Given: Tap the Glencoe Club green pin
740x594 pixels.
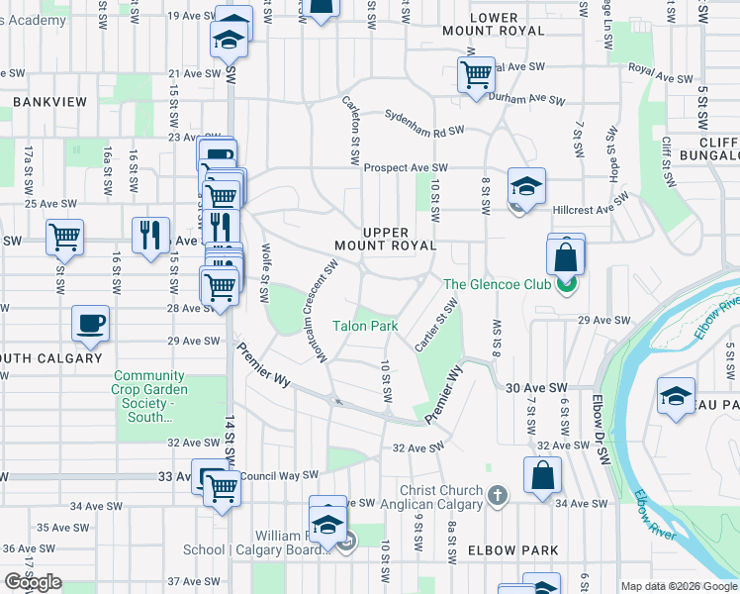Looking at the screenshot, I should coord(564,286).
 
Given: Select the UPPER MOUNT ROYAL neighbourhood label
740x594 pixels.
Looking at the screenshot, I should coord(386,239).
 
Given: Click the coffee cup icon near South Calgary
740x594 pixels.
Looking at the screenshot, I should coord(90,323).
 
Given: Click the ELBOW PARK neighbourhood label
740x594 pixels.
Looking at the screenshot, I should coord(514,550).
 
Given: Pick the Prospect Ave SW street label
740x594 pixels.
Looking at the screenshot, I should coord(406,168).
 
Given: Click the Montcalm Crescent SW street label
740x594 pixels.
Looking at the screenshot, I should coord(324,311).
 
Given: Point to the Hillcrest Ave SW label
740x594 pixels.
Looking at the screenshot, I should coord(592,210).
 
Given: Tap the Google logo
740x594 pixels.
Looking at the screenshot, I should coord(34,582).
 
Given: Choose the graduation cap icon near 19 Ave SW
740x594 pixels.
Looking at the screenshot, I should coord(231,39).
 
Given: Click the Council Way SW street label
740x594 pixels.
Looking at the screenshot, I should coord(277,474).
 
